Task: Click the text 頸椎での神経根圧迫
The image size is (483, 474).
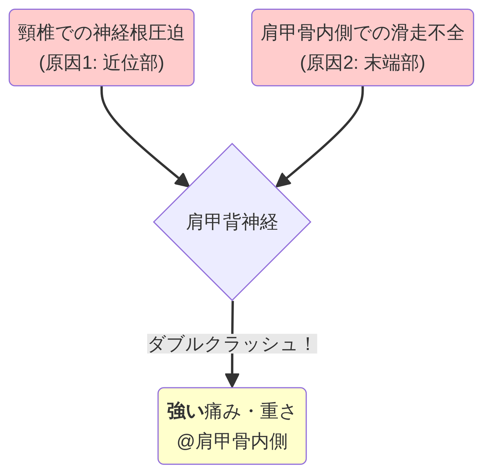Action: [102, 33]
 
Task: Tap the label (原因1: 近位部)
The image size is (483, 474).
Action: [102, 63]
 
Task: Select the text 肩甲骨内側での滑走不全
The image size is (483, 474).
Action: [362, 33]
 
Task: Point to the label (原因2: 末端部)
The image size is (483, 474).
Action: [362, 63]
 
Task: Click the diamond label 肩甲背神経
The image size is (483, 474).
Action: [232, 222]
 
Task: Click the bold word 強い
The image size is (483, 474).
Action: [185, 411]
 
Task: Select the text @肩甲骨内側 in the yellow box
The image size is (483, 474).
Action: [232, 442]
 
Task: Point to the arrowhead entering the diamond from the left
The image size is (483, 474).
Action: [183, 181]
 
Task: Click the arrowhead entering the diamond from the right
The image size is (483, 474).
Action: [282, 181]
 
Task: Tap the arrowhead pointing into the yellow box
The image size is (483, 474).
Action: [232, 380]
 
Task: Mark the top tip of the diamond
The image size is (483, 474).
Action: [232, 144]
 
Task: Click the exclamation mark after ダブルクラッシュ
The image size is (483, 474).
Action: [309, 344]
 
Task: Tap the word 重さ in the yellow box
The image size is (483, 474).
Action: [277, 411]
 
